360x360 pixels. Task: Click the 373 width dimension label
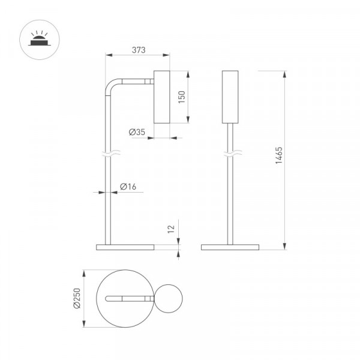139,50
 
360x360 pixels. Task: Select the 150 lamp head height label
182,97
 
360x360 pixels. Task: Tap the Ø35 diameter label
137,132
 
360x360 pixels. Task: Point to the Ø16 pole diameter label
128,187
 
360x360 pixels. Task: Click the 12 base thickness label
171,229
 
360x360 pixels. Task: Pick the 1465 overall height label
279,155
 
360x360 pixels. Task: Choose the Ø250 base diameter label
77,298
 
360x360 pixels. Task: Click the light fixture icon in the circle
40,38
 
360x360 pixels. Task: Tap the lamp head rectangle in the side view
162,97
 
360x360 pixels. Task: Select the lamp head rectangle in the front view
230,97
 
